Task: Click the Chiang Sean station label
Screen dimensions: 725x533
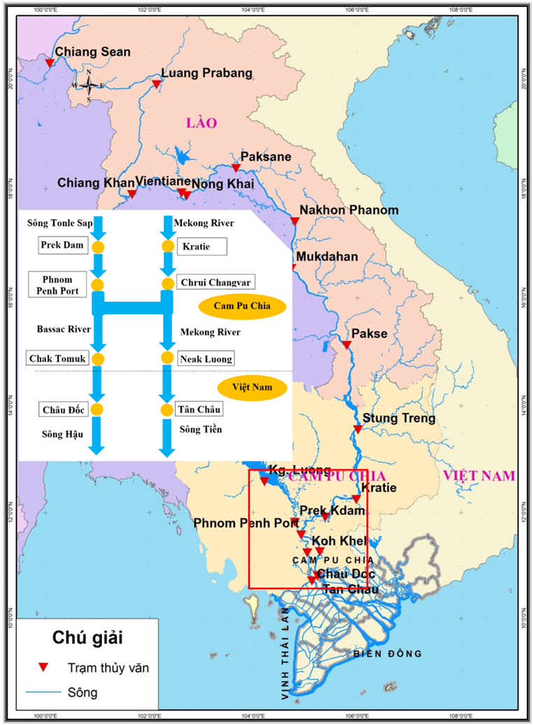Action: [92, 52]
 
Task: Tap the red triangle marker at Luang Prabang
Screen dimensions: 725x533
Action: [157, 85]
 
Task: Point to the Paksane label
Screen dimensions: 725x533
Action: [266, 157]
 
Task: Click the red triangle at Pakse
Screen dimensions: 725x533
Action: [346, 345]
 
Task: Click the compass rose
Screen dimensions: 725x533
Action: [89, 85]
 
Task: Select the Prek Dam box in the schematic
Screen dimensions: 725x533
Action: [62, 246]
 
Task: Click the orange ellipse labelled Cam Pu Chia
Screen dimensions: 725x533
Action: [243, 307]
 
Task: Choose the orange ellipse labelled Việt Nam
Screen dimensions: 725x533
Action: [253, 386]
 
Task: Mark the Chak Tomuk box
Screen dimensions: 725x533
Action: [57, 358]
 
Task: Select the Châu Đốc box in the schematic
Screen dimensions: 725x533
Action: [62, 409]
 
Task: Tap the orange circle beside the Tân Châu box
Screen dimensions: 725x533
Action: [166, 409]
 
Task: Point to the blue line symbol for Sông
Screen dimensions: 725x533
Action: [43, 693]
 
